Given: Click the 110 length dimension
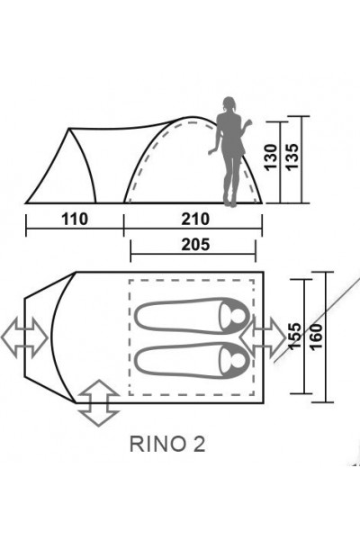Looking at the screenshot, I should [76, 220].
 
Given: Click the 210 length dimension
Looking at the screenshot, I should [194, 220].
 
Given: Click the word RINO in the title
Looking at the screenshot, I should [151, 443].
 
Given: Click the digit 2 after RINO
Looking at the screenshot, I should [185, 443].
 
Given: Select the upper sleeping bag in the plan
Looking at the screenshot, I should [191, 316].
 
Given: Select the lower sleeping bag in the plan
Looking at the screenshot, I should [191, 362].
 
